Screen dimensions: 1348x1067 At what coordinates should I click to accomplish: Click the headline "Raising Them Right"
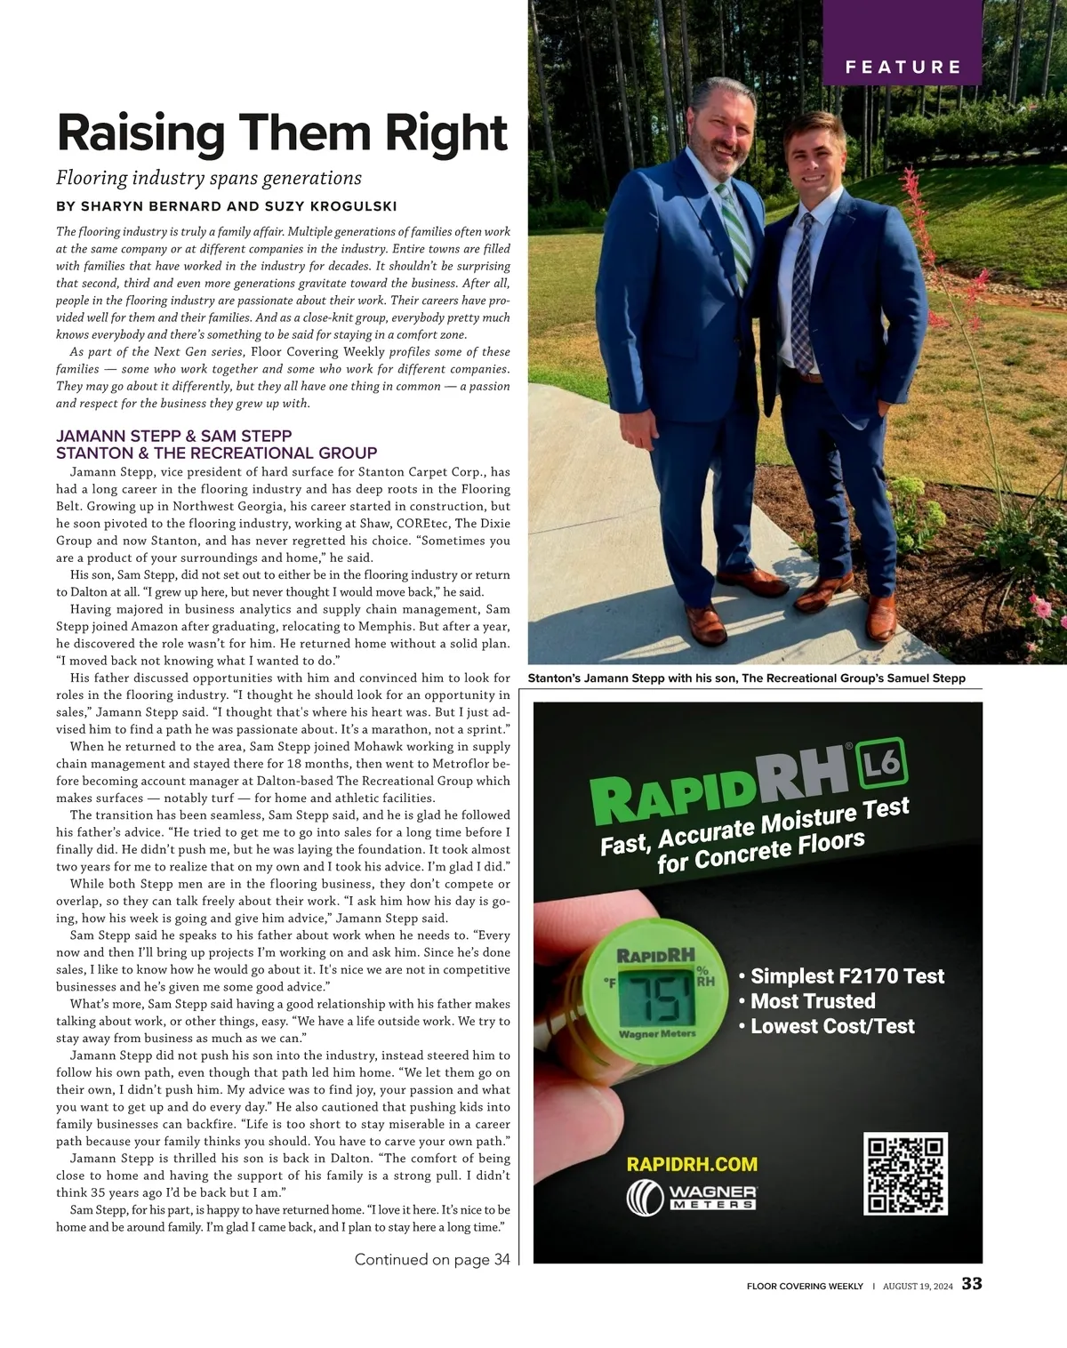[282, 133]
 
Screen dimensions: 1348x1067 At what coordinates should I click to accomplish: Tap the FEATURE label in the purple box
[903, 67]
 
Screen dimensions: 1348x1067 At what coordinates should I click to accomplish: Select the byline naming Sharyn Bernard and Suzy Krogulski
[226, 206]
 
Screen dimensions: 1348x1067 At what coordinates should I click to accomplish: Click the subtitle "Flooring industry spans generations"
[209, 178]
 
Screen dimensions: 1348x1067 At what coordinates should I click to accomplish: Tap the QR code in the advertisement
[905, 1174]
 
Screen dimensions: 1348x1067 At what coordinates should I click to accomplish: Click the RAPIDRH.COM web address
[692, 1164]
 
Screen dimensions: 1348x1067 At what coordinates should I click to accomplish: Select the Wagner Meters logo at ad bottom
[692, 1197]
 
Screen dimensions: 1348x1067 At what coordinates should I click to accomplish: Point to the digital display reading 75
[657, 996]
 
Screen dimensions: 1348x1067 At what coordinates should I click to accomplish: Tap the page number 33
[972, 1284]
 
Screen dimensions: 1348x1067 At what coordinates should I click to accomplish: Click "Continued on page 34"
[432, 1259]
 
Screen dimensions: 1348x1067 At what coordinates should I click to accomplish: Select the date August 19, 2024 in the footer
[918, 1286]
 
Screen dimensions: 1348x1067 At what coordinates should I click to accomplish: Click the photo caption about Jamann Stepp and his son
[746, 678]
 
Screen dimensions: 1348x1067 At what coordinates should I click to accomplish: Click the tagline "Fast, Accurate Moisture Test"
[754, 827]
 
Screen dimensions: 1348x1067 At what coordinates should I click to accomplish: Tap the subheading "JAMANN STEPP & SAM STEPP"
[174, 436]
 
